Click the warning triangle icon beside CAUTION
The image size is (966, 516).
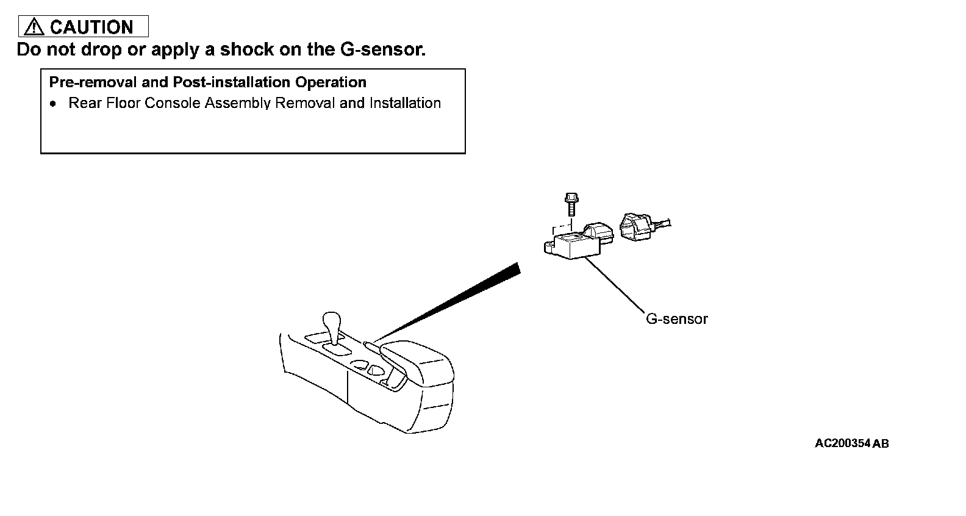(x=34, y=27)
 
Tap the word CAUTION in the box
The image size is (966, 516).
(x=91, y=27)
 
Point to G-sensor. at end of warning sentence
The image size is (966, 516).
(x=381, y=50)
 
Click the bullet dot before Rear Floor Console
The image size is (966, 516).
(x=54, y=104)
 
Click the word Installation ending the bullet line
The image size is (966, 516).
(x=405, y=103)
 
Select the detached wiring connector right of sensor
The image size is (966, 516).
(x=637, y=227)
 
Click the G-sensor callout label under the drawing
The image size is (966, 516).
(x=676, y=319)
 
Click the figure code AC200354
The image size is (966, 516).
(x=842, y=443)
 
